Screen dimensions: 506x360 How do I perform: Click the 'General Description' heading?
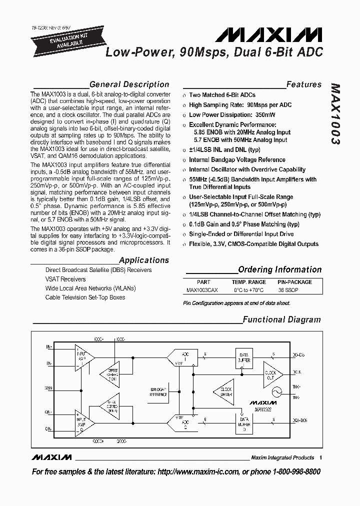coord(129,84)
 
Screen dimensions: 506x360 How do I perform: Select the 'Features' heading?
coord(303,84)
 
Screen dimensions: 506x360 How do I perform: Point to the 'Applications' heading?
coord(144,260)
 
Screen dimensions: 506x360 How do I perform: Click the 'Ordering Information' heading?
coord(279,270)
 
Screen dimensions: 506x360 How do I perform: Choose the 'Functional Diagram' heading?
coord(281,319)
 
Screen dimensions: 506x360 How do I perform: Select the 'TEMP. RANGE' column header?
coord(249,282)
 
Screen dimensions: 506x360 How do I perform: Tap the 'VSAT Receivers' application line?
coord(65,279)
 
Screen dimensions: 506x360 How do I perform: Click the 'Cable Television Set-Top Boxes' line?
coord(85,297)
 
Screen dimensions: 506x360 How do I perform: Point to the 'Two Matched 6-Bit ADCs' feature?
coord(222,95)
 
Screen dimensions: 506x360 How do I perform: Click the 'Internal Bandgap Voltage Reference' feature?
coord(237,160)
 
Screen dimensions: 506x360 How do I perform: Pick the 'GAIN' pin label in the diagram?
coord(48,387)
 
